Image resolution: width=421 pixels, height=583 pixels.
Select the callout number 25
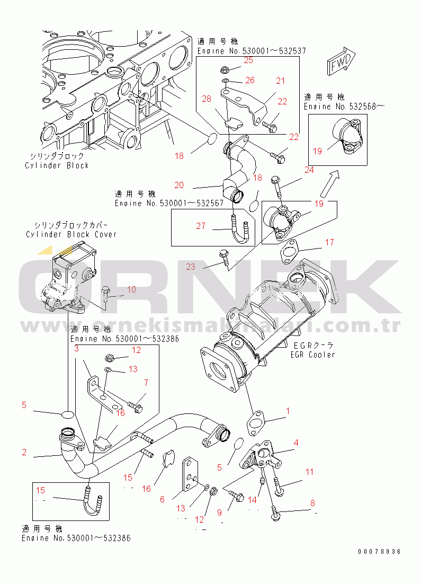coord(248,60)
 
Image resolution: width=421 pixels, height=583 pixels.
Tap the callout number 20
coord(179,185)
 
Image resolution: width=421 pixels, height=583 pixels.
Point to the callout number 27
coord(200,226)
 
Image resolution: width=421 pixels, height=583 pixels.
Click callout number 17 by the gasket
coord(329,242)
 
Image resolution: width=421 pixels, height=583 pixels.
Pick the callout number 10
coord(131,289)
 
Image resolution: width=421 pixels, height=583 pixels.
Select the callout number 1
coord(288,410)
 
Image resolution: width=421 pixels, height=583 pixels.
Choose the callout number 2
coord(24,452)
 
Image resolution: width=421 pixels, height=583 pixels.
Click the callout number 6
coord(162,499)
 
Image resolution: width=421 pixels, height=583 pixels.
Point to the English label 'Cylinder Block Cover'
coord(71,234)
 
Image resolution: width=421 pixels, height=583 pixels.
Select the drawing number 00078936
coord(379,552)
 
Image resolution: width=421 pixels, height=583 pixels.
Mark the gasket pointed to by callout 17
coord(289,249)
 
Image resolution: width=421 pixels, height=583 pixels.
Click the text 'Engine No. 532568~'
coord(344,106)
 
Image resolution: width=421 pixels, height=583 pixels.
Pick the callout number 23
coord(191,267)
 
